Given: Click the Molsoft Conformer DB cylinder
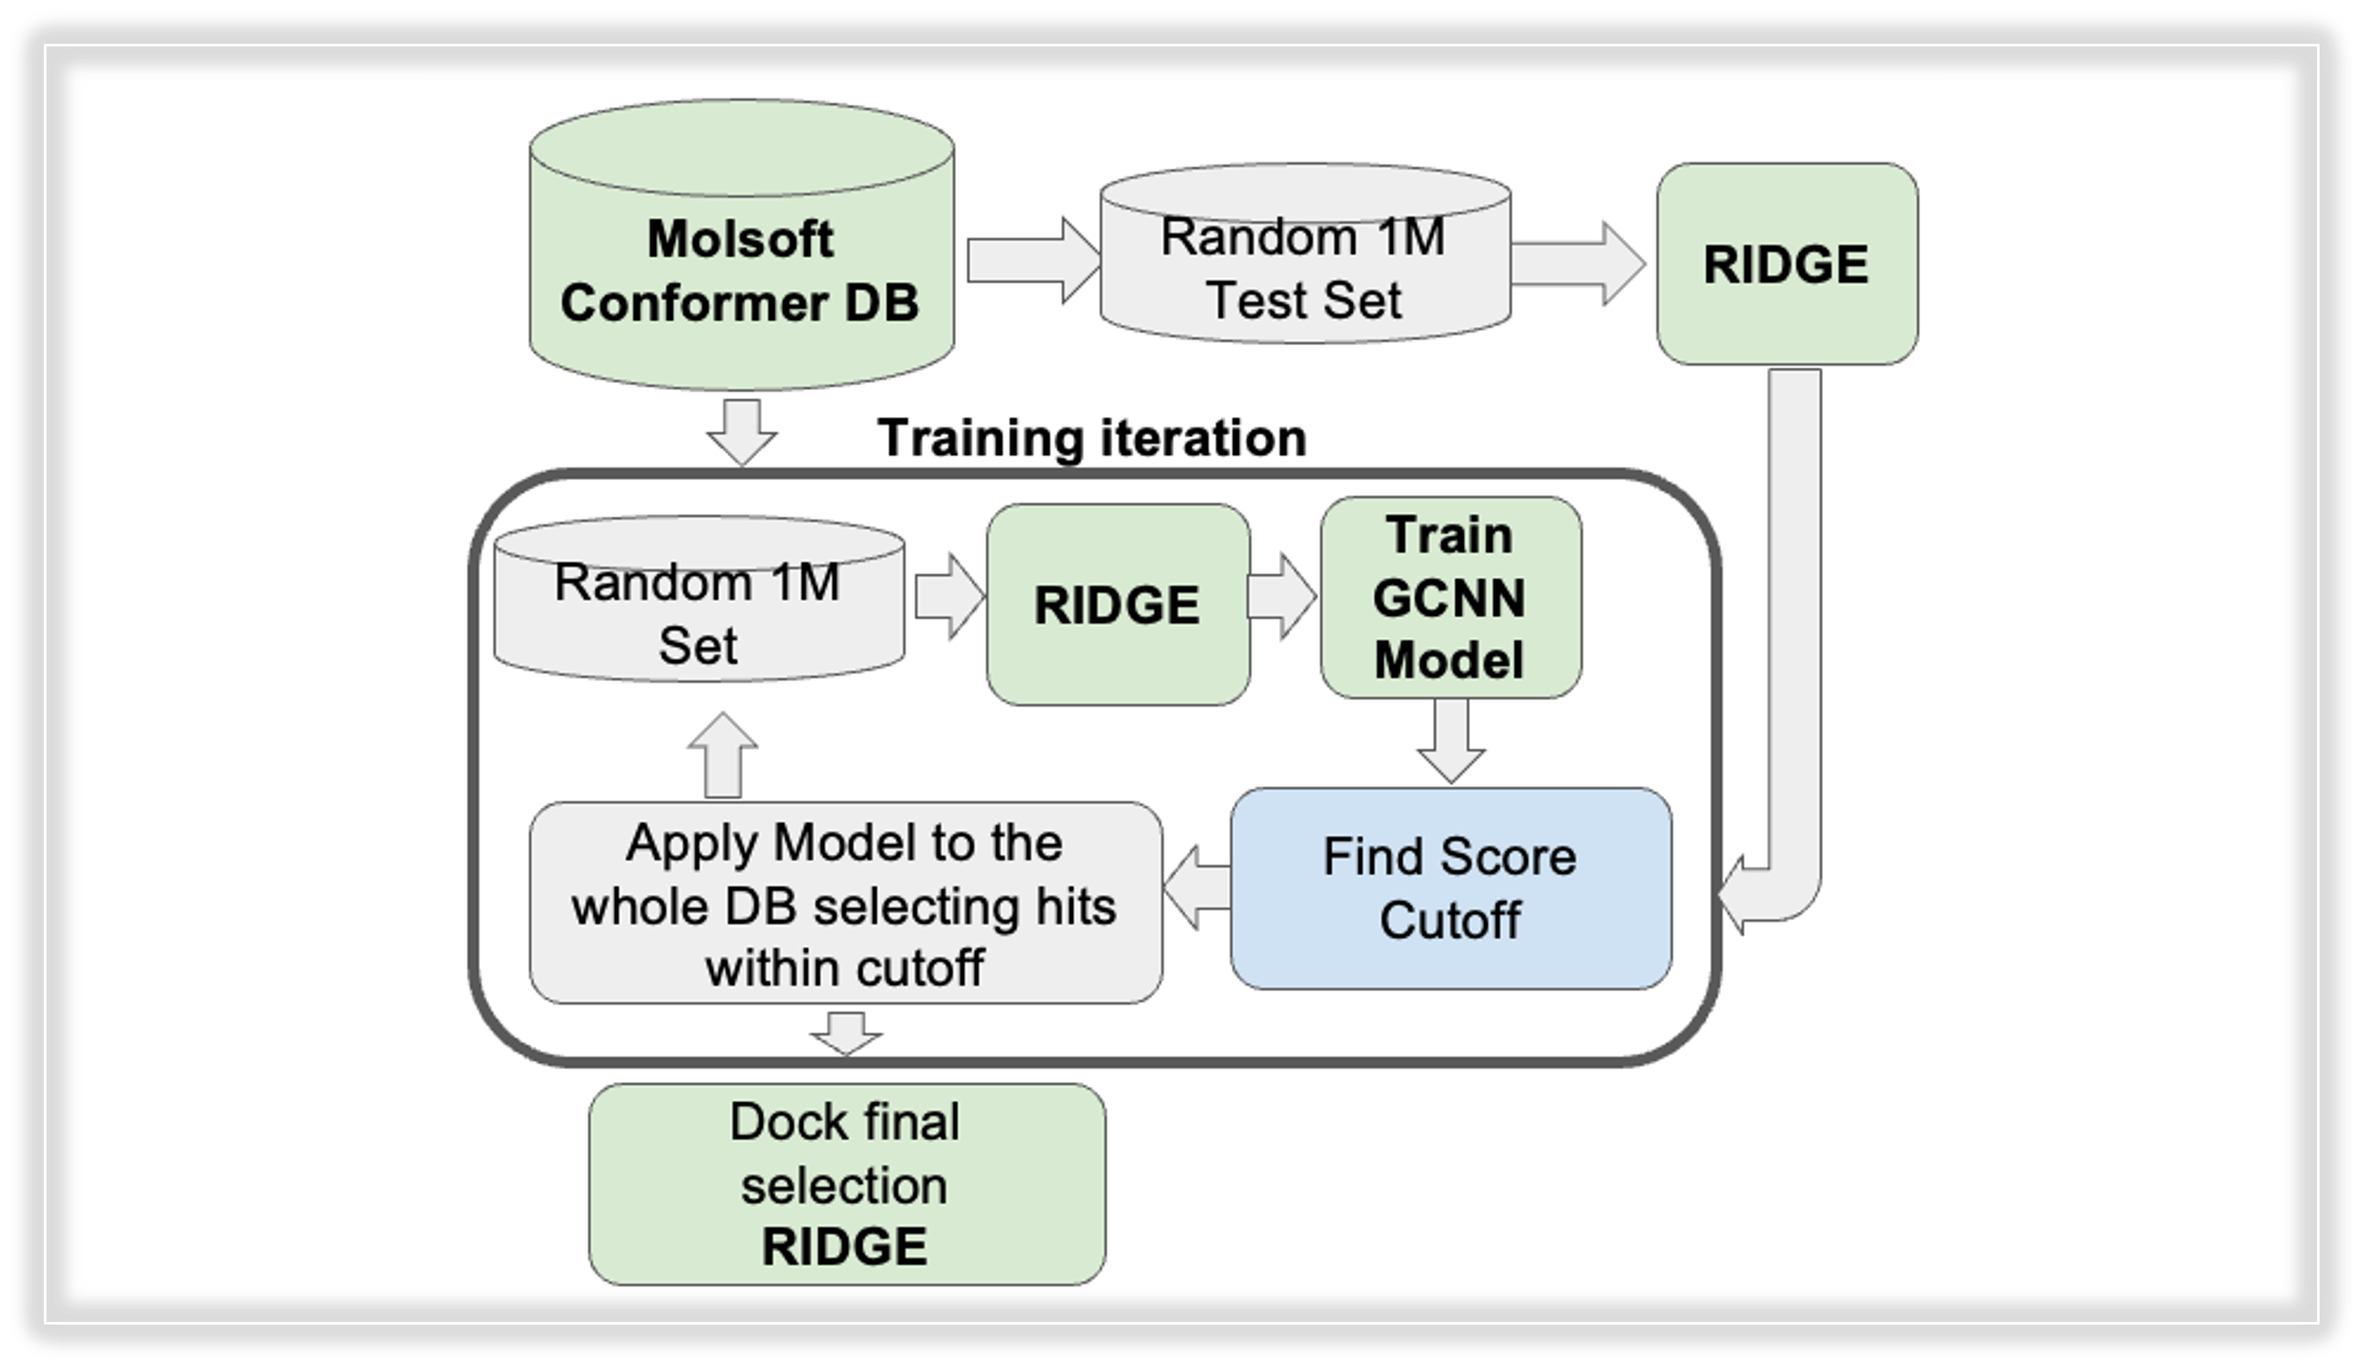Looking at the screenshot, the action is coord(742,246).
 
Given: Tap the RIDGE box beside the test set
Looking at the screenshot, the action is coord(1787,263).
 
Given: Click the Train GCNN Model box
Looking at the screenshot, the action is coord(1451,597).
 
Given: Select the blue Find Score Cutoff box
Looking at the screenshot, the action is coord(1451,888).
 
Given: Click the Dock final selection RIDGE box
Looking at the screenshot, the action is coord(847,1184).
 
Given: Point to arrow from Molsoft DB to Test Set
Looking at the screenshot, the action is coord(1033,260).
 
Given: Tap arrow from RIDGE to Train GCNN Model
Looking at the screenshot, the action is coord(1282,596).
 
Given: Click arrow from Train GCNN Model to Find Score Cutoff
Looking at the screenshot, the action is coord(1451,741).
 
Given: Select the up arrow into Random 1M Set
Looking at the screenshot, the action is coord(722,755).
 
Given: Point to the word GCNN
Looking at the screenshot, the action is coord(1450,598).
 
